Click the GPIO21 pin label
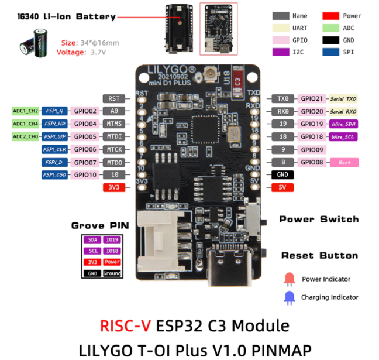pyautogui.click(x=312, y=99)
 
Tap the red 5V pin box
pyautogui.click(x=282, y=187)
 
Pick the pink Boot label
pyautogui.click(x=344, y=162)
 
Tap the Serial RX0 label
pyautogui.click(x=343, y=111)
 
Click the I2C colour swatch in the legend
pyautogui.click(x=284, y=52)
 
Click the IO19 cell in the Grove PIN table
pyautogui.click(x=112, y=240)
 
